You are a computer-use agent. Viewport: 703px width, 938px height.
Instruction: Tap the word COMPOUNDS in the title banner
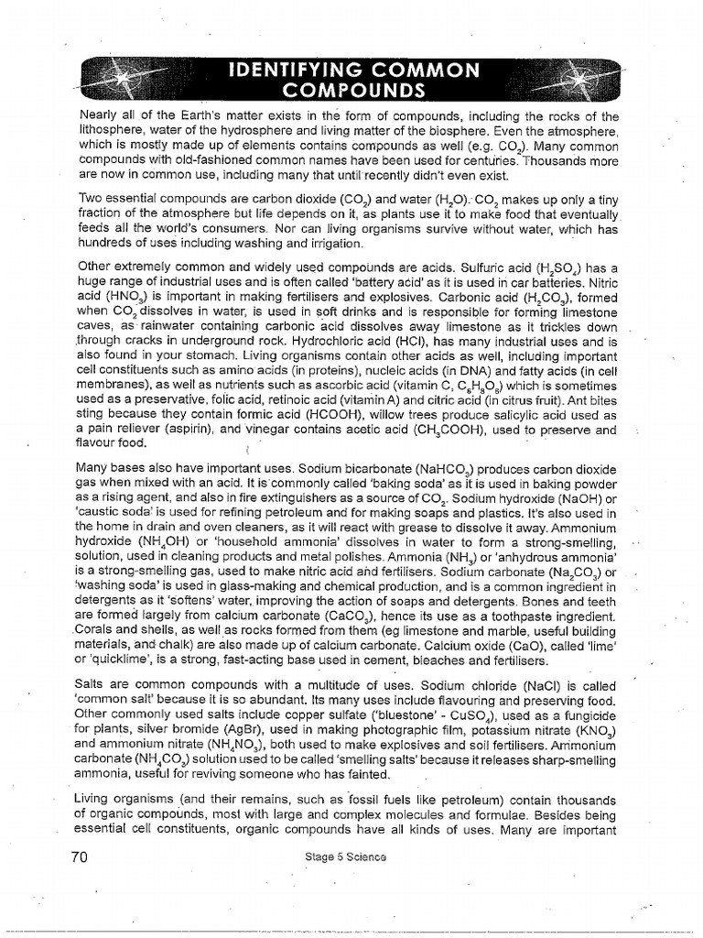coord(353,90)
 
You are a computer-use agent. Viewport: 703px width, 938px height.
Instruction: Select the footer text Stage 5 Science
coord(348,856)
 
